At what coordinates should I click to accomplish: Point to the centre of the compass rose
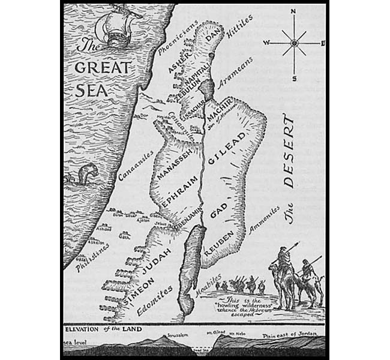click(294, 43)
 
